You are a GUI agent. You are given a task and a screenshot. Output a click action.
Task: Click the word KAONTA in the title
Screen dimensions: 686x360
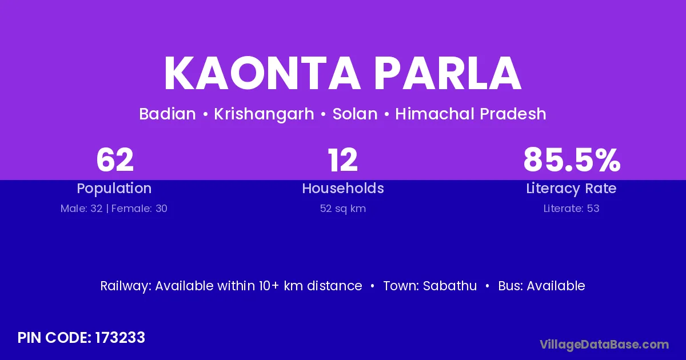(262, 73)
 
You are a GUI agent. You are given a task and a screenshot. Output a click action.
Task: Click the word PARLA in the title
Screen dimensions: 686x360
(448, 73)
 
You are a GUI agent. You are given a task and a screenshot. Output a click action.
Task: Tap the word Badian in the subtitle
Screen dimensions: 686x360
(167, 114)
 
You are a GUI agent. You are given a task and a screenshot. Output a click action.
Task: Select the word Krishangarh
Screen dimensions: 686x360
(264, 114)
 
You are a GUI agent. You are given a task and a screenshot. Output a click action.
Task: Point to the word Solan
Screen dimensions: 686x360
(355, 114)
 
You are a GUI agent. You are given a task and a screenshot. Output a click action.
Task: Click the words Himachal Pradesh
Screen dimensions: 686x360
(470, 114)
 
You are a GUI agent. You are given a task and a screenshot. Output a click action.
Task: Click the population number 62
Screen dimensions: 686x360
(115, 160)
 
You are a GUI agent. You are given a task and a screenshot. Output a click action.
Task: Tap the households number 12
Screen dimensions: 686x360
(342, 160)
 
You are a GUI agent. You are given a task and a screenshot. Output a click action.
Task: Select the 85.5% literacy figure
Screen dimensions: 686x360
(572, 160)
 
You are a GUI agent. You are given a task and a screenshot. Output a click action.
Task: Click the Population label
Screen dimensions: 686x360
(114, 189)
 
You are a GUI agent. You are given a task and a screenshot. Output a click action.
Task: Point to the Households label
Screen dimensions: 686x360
(343, 188)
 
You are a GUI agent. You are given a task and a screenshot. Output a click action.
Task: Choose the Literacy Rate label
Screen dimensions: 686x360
(571, 189)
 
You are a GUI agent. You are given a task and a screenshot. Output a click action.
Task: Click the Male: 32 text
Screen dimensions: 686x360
(81, 209)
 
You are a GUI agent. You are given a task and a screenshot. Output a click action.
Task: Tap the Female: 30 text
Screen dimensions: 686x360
(139, 209)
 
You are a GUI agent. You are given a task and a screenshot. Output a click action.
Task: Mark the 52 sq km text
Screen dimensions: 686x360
(343, 209)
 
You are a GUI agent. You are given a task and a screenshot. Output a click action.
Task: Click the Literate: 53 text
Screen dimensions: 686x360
(571, 209)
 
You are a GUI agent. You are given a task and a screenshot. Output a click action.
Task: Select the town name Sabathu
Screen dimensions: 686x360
(450, 286)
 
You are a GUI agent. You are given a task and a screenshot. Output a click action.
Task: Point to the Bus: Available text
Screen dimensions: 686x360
(541, 286)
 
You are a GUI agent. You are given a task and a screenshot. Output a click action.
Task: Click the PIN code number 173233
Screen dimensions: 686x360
(120, 338)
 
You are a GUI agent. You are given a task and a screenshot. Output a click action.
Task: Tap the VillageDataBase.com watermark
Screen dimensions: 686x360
(604, 345)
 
